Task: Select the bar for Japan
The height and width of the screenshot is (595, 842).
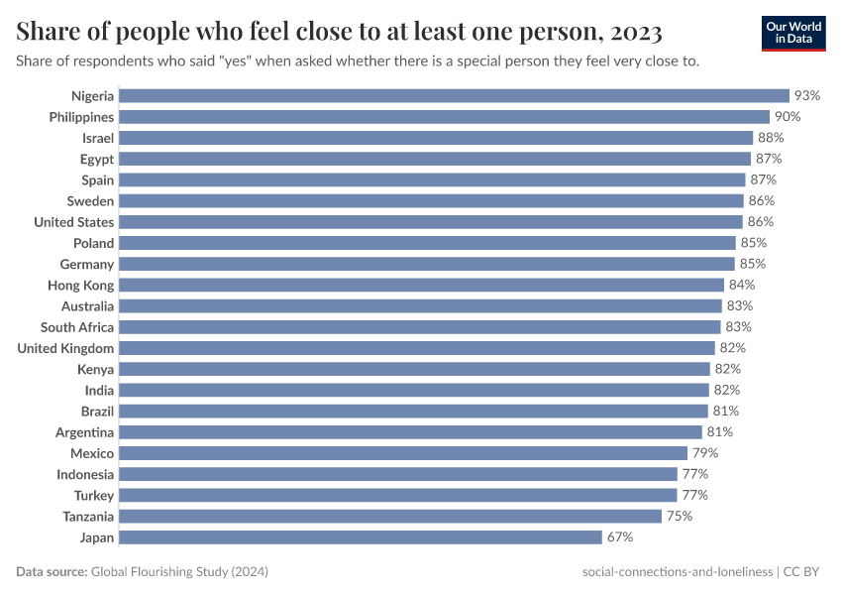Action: point(361,537)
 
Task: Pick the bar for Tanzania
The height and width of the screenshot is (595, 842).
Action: point(390,517)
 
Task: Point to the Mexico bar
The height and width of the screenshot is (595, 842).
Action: point(403,453)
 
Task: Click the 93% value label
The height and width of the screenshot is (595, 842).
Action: point(807,96)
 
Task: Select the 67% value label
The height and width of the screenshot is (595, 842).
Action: point(619,537)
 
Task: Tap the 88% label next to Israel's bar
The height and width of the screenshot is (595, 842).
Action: point(771,138)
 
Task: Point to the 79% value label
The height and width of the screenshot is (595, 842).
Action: point(705,453)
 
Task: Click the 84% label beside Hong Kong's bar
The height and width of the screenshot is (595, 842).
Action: point(742,286)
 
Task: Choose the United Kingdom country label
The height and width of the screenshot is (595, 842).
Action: point(65,348)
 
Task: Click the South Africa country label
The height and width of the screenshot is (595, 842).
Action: point(77,327)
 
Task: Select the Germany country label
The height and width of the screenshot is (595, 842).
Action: point(87,265)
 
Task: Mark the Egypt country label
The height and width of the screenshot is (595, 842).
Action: point(97,159)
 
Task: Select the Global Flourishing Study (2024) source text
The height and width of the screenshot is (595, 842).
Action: point(179,572)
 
